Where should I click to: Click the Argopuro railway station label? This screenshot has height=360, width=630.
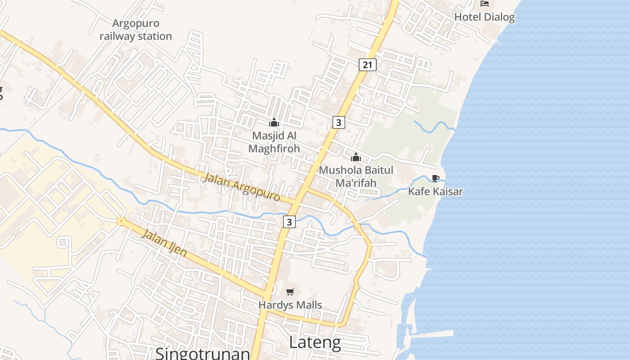135,30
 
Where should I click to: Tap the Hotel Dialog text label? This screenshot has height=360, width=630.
484,17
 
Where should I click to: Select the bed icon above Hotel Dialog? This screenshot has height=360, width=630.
485,4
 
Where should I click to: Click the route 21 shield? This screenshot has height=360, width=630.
368,65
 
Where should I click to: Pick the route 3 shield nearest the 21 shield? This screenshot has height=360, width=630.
339,122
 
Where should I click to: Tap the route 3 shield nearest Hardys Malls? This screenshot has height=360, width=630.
289,221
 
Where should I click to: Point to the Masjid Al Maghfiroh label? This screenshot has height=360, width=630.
274,142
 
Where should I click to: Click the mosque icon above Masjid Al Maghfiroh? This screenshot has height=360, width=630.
274,122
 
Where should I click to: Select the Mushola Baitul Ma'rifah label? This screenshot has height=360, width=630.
356,176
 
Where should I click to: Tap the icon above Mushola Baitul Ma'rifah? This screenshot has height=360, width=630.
356,157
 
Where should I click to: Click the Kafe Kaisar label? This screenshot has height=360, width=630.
435,192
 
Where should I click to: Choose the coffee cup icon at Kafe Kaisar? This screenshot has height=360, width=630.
435,178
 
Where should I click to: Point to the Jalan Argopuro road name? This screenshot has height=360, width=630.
242,187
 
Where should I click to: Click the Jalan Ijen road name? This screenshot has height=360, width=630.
164,242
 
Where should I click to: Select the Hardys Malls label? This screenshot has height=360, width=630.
290,305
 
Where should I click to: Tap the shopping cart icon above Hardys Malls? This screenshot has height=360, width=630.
290,292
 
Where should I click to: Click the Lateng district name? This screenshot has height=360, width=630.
315,343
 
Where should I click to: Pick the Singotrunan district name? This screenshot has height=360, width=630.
202,353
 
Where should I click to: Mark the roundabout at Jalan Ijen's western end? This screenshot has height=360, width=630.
121,221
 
